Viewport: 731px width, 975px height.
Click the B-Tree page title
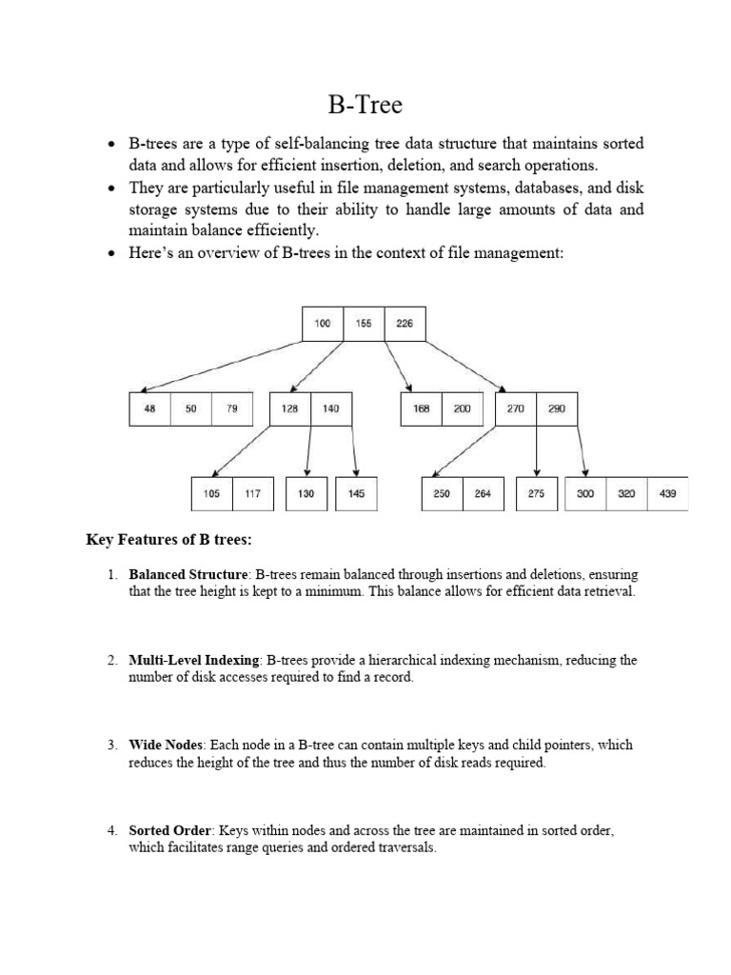pyautogui.click(x=365, y=104)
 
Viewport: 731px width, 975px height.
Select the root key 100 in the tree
pyautogui.click(x=323, y=324)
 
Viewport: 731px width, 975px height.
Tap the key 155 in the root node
pyautogui.click(x=364, y=324)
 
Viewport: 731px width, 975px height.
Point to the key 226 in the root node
pyautogui.click(x=405, y=324)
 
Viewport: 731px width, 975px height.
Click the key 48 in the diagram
pyautogui.click(x=149, y=408)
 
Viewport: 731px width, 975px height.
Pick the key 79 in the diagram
pyautogui.click(x=232, y=408)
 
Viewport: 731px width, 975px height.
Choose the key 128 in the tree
pyautogui.click(x=290, y=408)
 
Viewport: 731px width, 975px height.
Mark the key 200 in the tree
pyautogui.click(x=462, y=408)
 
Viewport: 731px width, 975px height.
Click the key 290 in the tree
pyautogui.click(x=557, y=408)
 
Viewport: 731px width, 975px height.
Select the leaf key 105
pyautogui.click(x=211, y=494)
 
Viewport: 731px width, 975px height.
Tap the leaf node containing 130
pyautogui.click(x=306, y=494)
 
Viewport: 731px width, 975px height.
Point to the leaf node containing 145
pyautogui.click(x=356, y=494)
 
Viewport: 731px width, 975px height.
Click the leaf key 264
pyautogui.click(x=484, y=494)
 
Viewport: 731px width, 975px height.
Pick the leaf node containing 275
pyautogui.click(x=537, y=494)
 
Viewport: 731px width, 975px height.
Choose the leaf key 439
pyautogui.click(x=668, y=494)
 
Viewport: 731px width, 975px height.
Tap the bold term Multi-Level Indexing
pyautogui.click(x=194, y=660)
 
